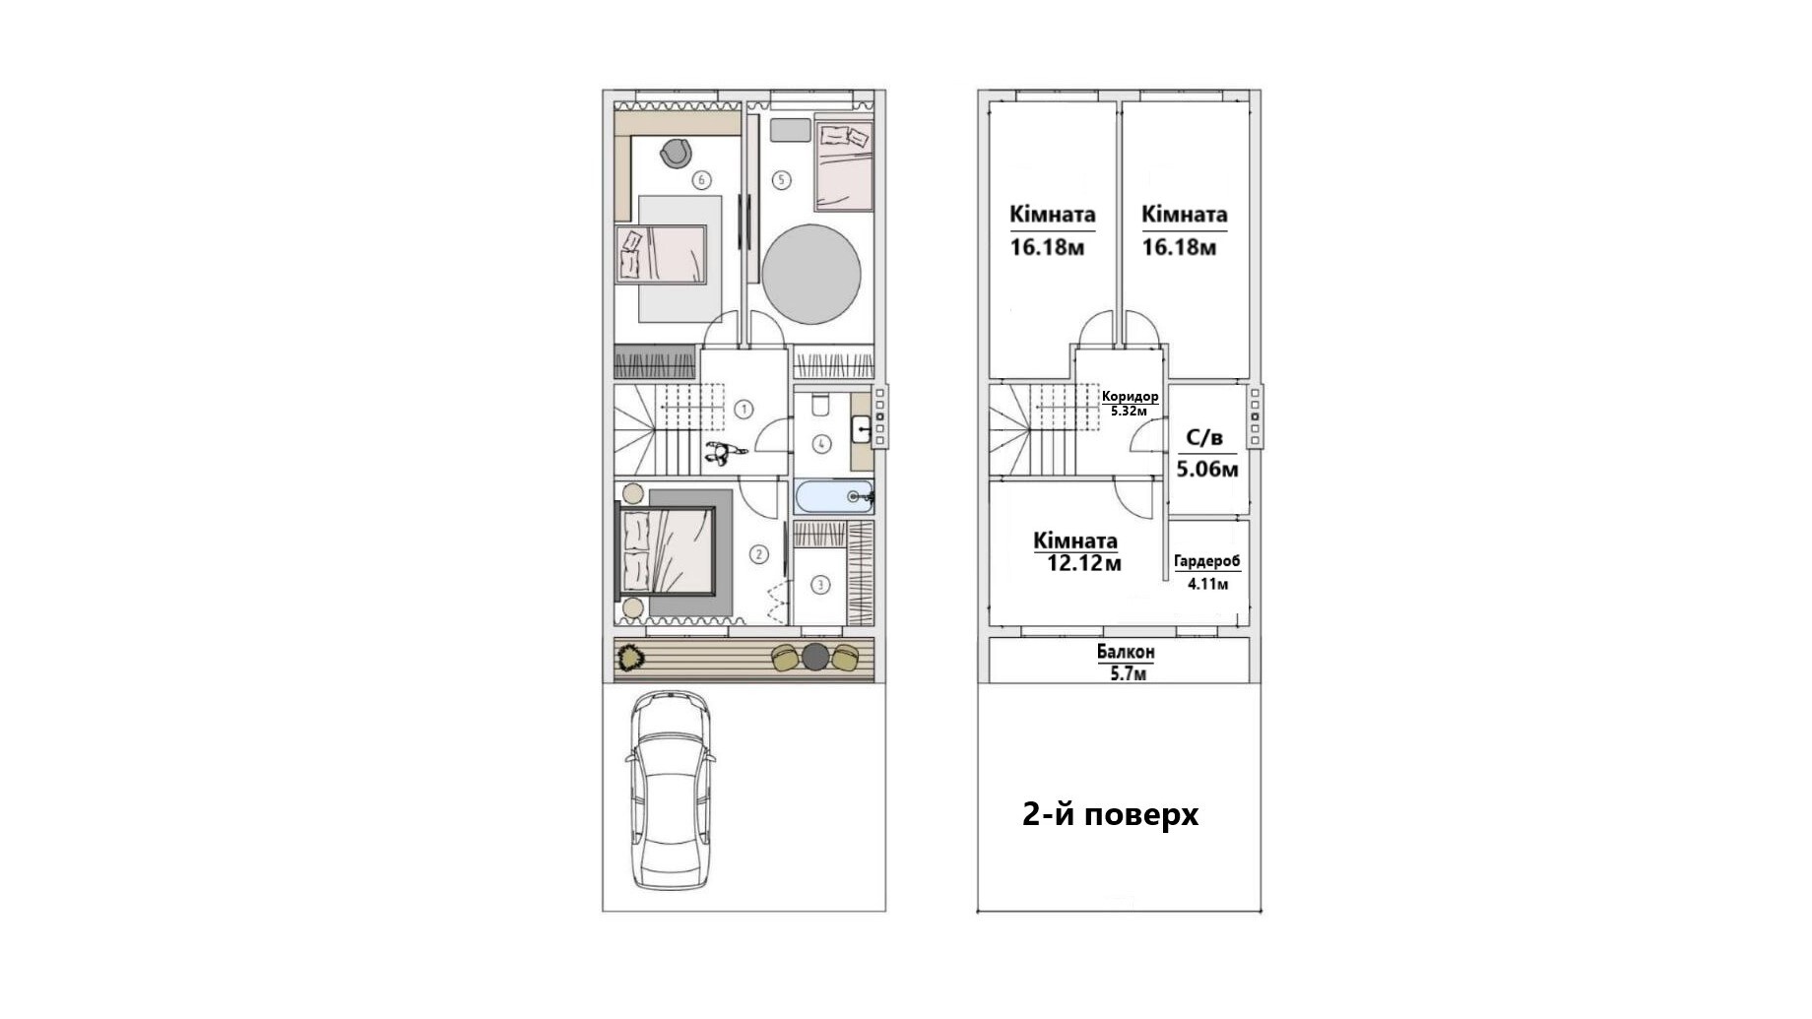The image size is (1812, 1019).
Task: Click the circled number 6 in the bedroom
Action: pos(701,180)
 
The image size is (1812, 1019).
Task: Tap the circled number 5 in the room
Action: pos(782,180)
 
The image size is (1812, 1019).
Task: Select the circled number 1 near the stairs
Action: pos(744,409)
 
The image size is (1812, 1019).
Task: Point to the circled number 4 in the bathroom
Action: pos(821,444)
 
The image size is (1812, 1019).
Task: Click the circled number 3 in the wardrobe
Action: pos(820,585)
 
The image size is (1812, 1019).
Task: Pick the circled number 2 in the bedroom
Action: pos(758,554)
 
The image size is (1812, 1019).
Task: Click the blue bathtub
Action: pos(833,497)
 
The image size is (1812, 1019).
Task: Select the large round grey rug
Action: pos(811,274)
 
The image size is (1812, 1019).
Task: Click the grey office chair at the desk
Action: pos(676,153)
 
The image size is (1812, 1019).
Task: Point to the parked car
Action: pos(670,790)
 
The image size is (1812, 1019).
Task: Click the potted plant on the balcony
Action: pos(629,656)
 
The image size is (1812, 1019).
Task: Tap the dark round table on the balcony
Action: pos(815,657)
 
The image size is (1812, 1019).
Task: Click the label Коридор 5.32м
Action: pos(1130,403)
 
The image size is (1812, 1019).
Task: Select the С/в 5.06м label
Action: pos(1206,453)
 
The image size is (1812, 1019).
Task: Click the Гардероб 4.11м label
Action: pos(1207,571)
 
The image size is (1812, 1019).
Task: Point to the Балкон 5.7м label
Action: pos(1127,663)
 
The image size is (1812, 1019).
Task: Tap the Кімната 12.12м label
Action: pos(1076,551)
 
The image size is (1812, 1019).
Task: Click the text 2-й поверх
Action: pos(1110,815)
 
